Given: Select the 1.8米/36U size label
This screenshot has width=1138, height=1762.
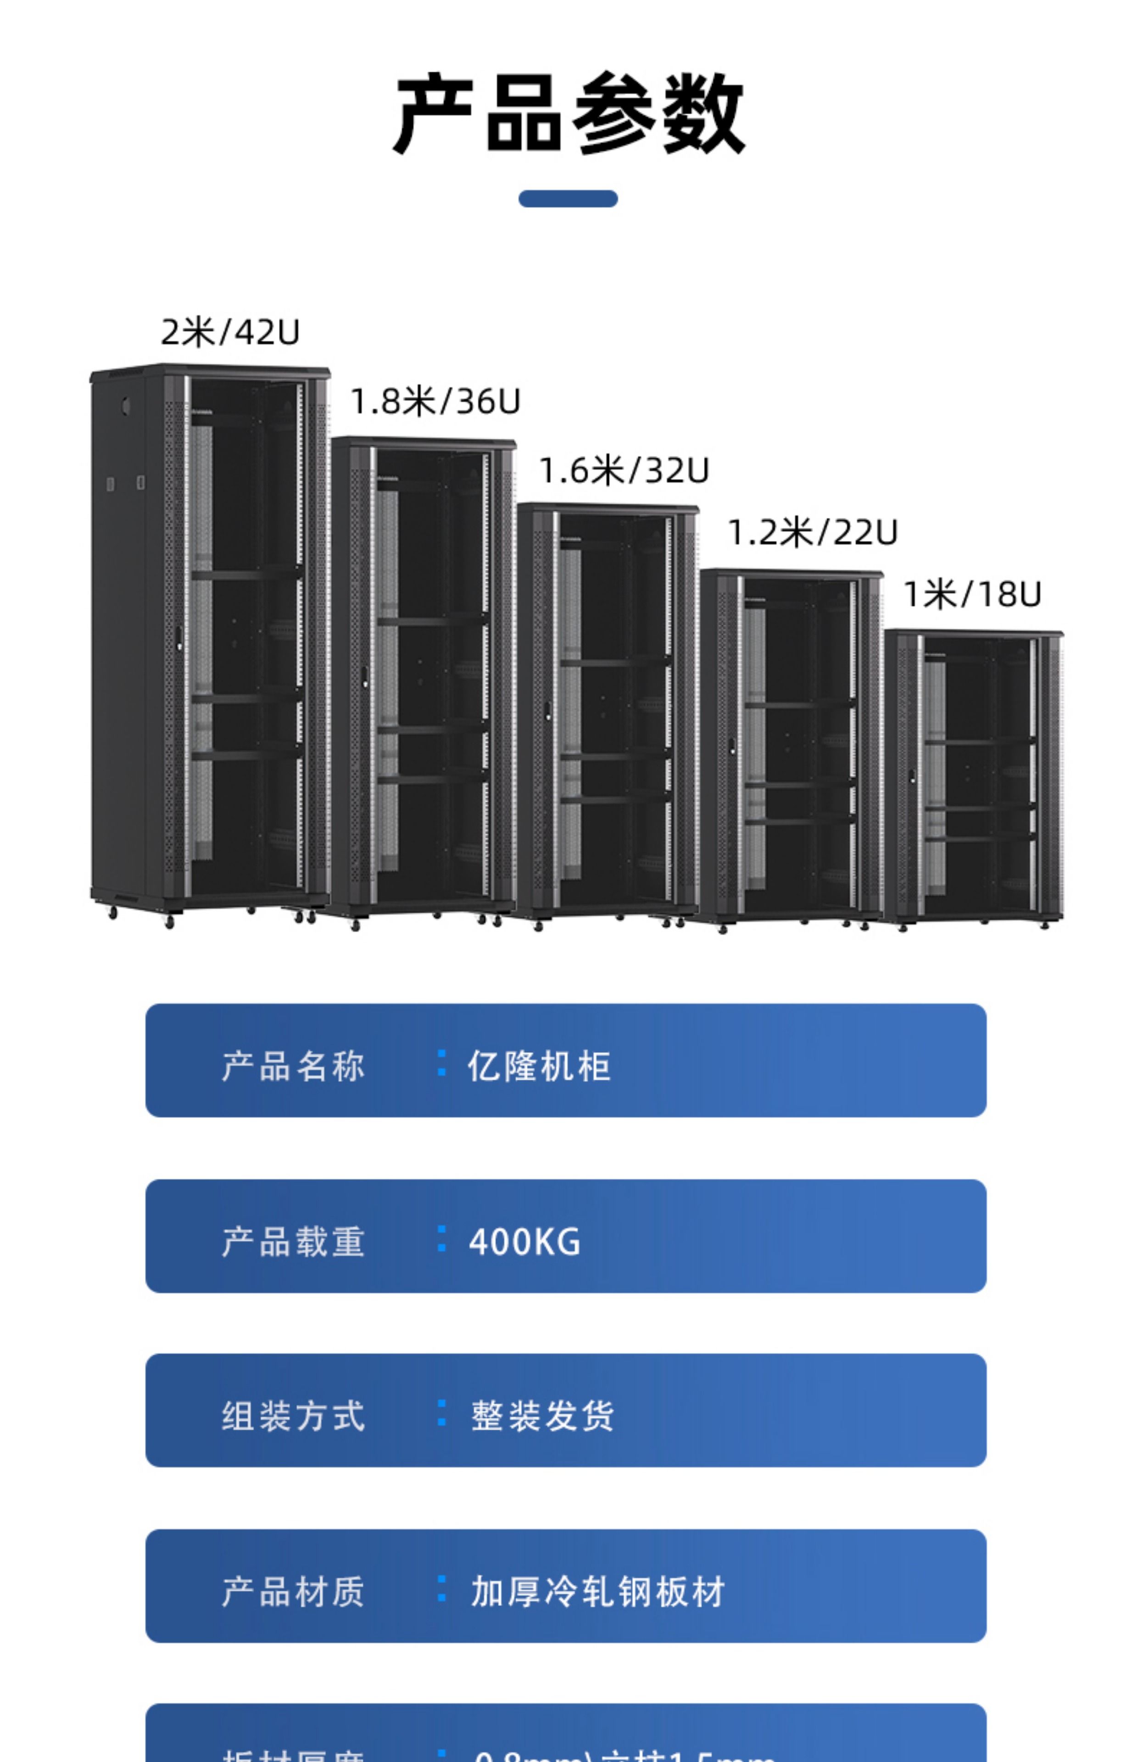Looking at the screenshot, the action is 435,401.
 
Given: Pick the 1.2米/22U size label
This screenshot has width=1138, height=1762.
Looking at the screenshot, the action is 812,532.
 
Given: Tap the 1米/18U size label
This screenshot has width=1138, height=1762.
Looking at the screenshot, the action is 972,594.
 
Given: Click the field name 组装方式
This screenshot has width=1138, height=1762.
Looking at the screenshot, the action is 293,1416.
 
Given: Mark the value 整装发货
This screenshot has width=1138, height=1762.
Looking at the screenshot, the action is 542,1416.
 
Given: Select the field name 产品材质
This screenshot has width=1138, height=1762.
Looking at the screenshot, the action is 293,1591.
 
